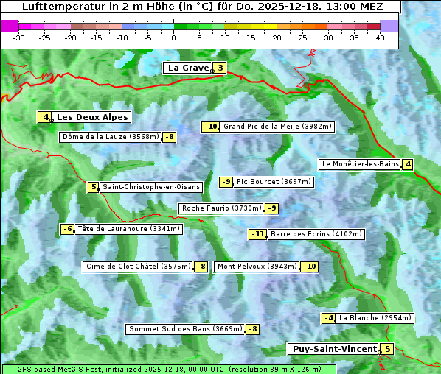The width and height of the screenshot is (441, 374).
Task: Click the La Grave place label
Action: [x=189, y=68]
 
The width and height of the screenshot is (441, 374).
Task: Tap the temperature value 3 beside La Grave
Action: [x=220, y=68]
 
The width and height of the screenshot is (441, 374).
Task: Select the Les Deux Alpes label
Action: [x=92, y=117]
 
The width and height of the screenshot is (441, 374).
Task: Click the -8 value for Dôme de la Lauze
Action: [x=170, y=137]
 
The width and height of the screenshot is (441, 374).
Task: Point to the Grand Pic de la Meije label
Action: [x=278, y=127]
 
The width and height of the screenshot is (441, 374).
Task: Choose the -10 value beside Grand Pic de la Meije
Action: [x=211, y=127]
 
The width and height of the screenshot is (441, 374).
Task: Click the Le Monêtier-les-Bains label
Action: [x=360, y=164]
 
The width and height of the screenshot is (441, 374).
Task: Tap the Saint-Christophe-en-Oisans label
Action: [x=151, y=187]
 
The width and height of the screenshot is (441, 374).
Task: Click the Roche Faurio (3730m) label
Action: [x=221, y=208]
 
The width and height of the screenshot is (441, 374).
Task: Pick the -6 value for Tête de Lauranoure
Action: [x=68, y=229]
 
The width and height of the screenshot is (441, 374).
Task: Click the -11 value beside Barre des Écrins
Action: [x=257, y=234]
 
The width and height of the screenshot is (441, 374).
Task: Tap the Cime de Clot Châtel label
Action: [x=138, y=267]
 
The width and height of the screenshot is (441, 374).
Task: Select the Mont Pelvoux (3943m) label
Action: [x=257, y=267]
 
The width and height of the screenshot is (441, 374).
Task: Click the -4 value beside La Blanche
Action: [x=329, y=318]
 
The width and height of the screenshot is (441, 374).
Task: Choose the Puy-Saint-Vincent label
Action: [x=333, y=349]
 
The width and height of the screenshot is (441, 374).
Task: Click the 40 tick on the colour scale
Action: [x=380, y=38]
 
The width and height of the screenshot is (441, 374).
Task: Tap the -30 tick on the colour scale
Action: [x=19, y=38]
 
